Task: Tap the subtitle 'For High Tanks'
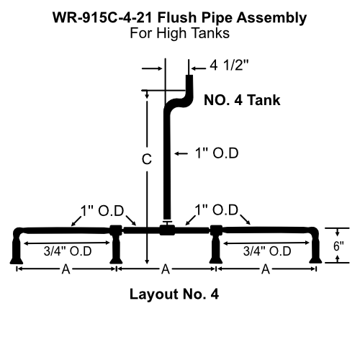tap(179, 33)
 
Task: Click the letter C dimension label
tap(146, 161)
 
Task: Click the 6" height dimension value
tap(338, 245)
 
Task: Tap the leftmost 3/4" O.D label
tap(68, 251)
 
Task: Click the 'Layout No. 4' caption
tap(174, 294)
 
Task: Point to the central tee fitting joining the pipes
tap(166, 230)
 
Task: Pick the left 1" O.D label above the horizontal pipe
tap(102, 210)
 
